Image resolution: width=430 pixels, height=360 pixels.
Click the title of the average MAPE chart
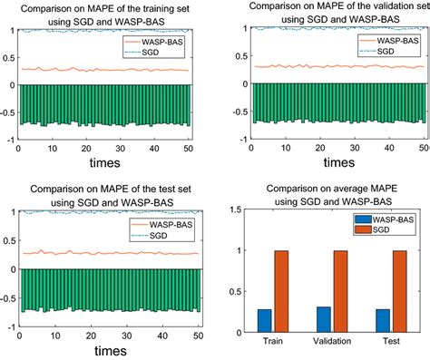[x=332, y=194]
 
